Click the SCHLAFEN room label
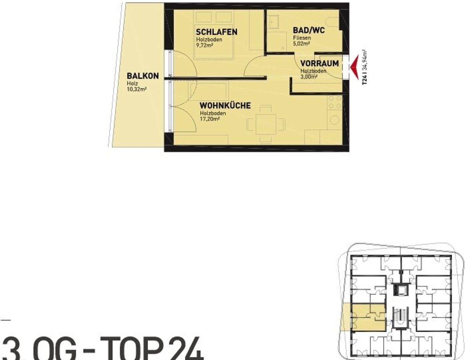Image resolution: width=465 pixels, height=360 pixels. click(x=217, y=32)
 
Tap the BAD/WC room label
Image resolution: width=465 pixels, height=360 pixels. click(x=309, y=30)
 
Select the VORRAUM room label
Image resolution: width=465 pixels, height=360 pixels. click(x=319, y=64)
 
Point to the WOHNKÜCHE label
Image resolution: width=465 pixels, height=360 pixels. click(x=225, y=105)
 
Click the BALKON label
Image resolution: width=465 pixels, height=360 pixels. click(x=143, y=76)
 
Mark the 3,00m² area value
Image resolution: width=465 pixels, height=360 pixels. click(x=309, y=77)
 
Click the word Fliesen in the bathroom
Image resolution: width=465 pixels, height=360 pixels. click(x=301, y=38)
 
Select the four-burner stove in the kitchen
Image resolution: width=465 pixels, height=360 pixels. click(x=334, y=102)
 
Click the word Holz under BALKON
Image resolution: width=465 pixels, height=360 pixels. click(x=132, y=84)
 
